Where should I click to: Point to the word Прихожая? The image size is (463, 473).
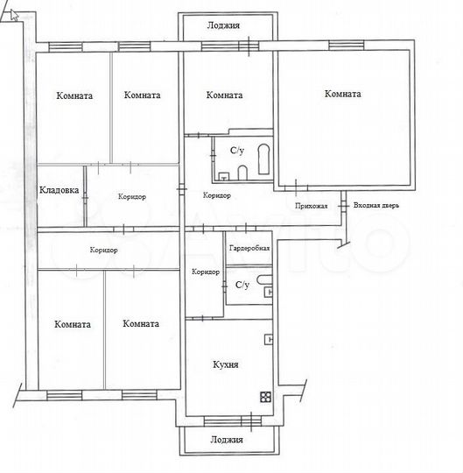[312, 206]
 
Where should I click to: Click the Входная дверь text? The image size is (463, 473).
[376, 206]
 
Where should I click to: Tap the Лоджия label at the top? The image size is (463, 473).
[224, 25]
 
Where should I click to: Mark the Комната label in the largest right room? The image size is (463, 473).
[342, 94]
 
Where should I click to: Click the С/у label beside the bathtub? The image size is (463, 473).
[236, 151]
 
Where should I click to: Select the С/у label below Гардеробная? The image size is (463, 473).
[242, 284]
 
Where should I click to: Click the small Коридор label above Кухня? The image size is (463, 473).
[206, 272]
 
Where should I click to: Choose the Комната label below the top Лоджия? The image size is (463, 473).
[224, 95]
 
